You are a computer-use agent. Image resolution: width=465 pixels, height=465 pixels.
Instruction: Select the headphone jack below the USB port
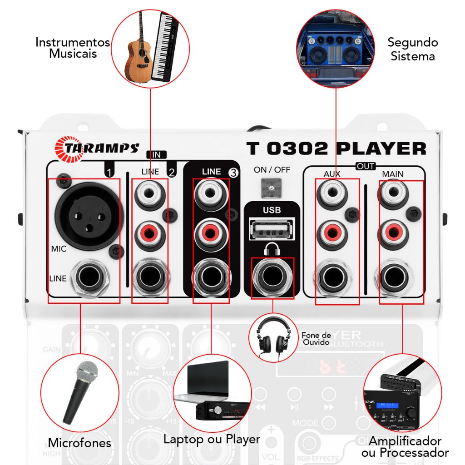[272, 275]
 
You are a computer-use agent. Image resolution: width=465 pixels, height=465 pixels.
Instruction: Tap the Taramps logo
[96, 148]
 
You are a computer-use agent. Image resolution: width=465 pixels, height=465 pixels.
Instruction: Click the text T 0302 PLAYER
[336, 148]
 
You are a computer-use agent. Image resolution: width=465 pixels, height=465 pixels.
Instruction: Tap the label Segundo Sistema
[412, 49]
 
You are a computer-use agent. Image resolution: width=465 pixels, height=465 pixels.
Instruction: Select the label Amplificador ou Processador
[405, 446]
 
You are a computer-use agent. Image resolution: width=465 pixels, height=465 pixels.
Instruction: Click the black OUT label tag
[366, 167]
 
